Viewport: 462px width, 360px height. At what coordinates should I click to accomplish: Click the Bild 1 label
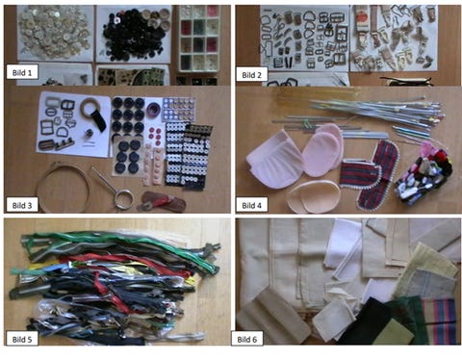tap(22, 72)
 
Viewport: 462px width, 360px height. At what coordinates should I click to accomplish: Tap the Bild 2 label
tap(252, 75)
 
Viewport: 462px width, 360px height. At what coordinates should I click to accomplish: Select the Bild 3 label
tap(22, 205)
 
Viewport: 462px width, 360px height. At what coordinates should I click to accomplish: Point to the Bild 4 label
tap(252, 205)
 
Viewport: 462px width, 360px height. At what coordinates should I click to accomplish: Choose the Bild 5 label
tap(22, 339)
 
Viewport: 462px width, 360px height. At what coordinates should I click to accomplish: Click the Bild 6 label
tap(247, 339)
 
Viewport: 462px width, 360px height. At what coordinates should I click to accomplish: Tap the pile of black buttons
tap(133, 36)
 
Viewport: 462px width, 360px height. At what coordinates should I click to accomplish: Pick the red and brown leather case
tap(163, 202)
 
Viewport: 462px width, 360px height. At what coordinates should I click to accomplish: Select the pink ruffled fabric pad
tap(274, 159)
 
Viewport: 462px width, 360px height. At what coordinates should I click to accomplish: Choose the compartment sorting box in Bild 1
tap(199, 38)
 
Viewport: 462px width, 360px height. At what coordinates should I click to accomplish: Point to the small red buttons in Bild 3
tap(155, 136)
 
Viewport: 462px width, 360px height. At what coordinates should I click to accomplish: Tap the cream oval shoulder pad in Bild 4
tap(314, 196)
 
